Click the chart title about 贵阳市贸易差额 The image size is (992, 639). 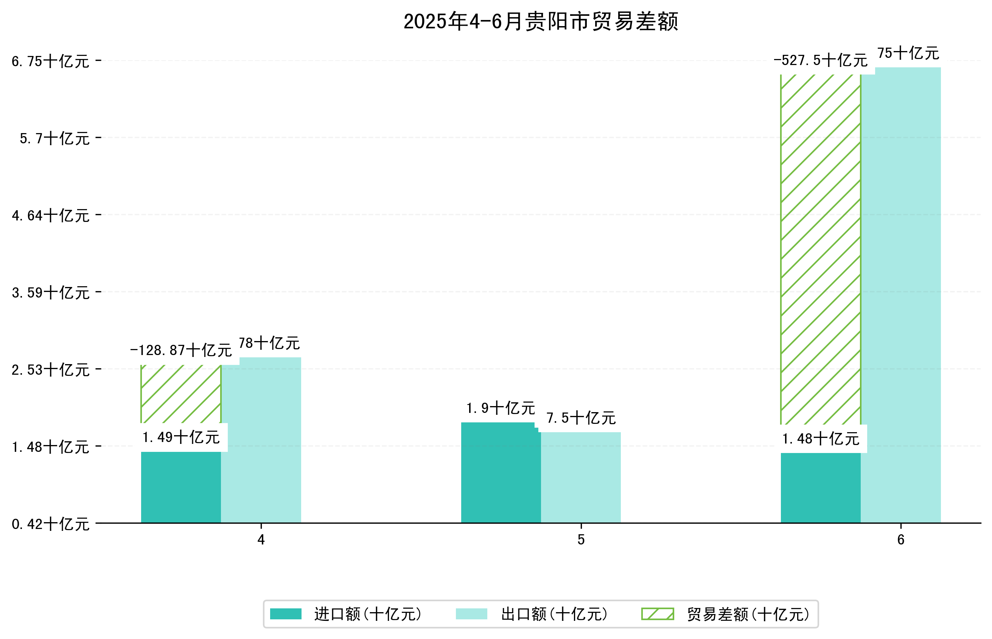540,22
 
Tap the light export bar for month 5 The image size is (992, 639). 580,477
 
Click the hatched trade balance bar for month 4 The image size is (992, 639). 180,394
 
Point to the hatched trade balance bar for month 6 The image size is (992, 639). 820,249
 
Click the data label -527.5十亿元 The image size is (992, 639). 820,60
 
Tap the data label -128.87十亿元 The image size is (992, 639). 180,351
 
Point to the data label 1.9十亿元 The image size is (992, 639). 500,408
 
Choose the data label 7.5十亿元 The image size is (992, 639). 580,418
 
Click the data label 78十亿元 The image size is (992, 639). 269,343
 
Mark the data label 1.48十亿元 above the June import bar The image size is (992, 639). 820,439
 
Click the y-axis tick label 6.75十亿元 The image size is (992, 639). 50,61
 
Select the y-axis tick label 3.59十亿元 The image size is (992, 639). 50,293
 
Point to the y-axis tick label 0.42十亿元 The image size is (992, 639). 50,524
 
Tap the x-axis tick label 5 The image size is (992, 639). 581,540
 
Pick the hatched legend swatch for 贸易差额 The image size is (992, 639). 658,614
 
